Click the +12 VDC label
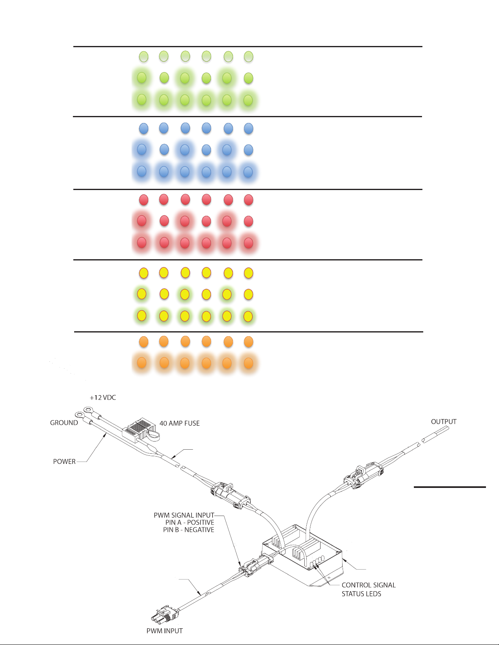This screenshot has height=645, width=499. click(x=103, y=398)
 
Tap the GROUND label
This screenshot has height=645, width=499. click(x=64, y=423)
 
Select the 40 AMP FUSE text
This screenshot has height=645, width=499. click(x=179, y=424)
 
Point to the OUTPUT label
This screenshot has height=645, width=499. click(x=444, y=422)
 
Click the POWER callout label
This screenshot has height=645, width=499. click(x=64, y=461)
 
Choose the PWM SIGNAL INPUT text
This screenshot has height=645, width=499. click(x=184, y=515)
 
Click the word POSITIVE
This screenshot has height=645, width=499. click(x=200, y=523)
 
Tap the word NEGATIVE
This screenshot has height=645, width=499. click(x=199, y=530)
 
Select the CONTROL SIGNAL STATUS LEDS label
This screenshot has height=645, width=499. click(x=368, y=589)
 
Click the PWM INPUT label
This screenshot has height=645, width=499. click(x=165, y=631)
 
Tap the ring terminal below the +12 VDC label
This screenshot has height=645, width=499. click(x=88, y=411)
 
